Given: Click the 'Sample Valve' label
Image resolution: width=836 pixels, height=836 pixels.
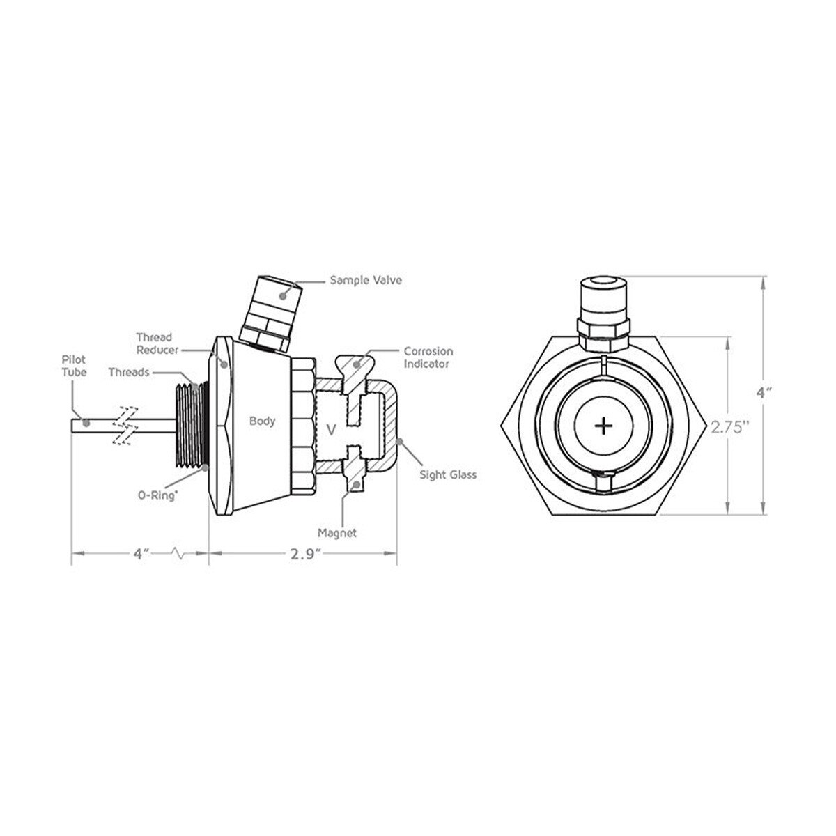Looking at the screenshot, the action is pos(365,280).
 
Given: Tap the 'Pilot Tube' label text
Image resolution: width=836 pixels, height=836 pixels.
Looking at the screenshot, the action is pos(74,365).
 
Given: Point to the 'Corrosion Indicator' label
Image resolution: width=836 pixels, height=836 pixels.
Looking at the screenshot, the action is pos(428,357).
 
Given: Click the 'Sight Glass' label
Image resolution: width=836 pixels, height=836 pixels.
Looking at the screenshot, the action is pos(448,474).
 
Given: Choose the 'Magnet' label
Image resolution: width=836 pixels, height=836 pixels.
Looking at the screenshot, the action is pos(337,533).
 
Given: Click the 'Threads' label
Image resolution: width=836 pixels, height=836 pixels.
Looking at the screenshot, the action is pos(129,372).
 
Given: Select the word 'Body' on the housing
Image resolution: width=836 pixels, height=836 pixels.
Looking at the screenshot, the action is pos(262,421).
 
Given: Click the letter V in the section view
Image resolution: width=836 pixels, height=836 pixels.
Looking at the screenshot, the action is pos(331,430).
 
